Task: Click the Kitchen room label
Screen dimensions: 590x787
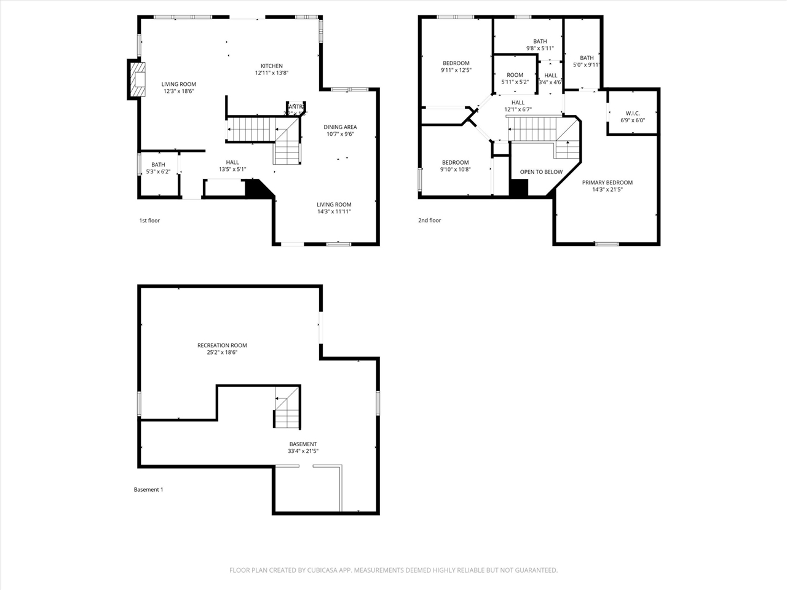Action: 272,66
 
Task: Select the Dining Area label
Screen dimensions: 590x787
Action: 340,127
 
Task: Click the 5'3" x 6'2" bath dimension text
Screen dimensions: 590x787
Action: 158,171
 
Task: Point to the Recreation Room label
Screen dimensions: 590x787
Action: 222,345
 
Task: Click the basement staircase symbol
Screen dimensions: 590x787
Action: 287,408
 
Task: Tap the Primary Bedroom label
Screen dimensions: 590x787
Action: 607,183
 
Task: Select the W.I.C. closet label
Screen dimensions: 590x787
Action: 633,113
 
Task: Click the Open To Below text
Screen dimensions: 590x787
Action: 541,172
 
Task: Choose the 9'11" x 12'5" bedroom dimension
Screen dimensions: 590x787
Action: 456,70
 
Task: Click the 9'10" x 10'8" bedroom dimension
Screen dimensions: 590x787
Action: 455,170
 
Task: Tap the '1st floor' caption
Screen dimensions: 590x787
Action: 149,220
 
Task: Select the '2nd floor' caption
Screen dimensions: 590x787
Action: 430,220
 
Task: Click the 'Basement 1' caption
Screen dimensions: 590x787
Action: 148,490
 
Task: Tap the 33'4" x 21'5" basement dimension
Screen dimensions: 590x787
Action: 303,451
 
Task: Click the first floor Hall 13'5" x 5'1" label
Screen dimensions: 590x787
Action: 232,162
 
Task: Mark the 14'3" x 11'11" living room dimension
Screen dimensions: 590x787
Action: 334,211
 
